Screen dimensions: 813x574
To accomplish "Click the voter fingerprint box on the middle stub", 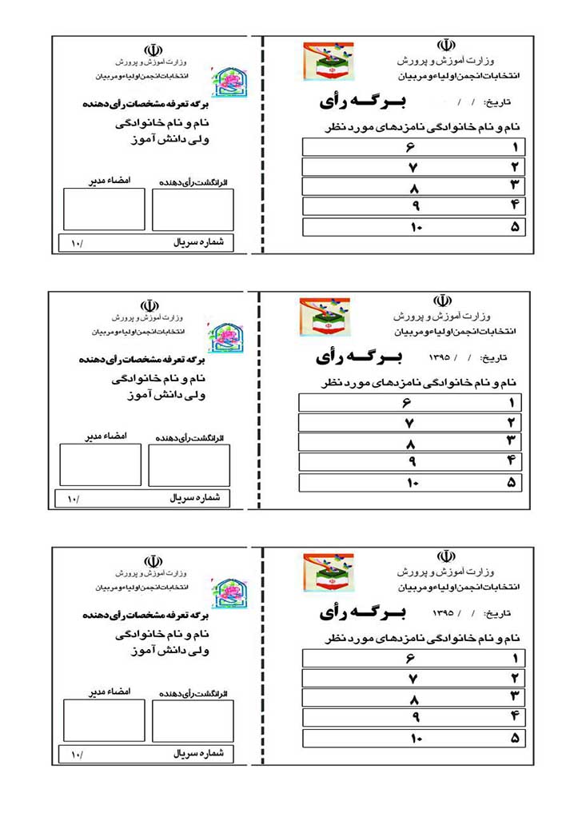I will (189, 465).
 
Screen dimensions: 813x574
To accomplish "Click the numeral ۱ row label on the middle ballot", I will (510, 403).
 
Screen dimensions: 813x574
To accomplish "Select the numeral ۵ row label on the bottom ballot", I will (514, 738).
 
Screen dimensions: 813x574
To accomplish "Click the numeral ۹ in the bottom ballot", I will (415, 717).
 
